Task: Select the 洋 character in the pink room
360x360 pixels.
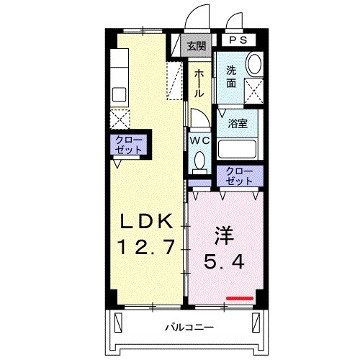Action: [x=225, y=235]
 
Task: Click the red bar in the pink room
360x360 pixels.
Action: [x=240, y=297]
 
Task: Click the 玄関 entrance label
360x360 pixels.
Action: [x=196, y=47]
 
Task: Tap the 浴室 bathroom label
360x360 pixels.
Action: [x=238, y=122]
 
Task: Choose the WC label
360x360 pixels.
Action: [x=199, y=139]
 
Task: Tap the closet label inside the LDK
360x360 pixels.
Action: [x=129, y=144]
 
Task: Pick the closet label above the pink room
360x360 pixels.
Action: [x=239, y=175]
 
